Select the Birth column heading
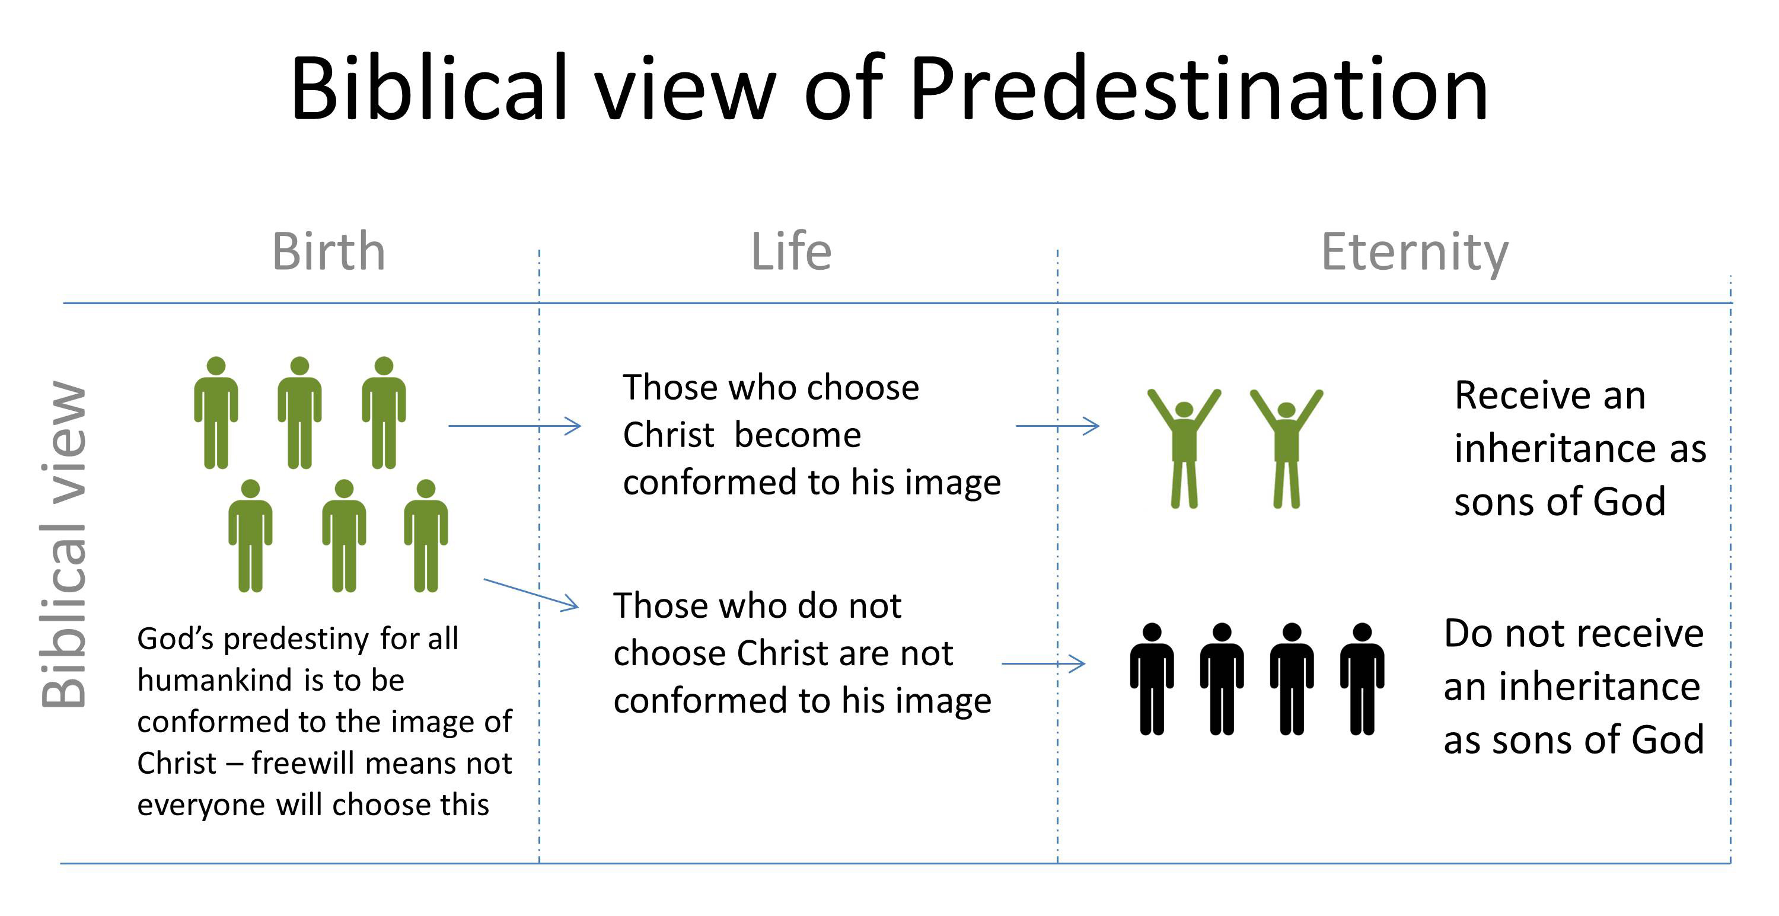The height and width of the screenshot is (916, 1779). [x=328, y=251]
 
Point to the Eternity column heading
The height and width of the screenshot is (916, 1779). [x=1414, y=253]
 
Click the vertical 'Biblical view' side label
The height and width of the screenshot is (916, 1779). [x=63, y=545]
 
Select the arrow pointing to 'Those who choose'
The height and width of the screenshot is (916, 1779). [x=515, y=426]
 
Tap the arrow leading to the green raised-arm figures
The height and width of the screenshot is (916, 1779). [x=1057, y=426]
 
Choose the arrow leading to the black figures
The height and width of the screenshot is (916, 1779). [x=1043, y=664]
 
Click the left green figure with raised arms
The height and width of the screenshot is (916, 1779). [x=1184, y=449]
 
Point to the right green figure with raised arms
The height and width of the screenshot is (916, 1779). [x=1286, y=449]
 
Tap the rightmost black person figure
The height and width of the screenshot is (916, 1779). [x=1362, y=680]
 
